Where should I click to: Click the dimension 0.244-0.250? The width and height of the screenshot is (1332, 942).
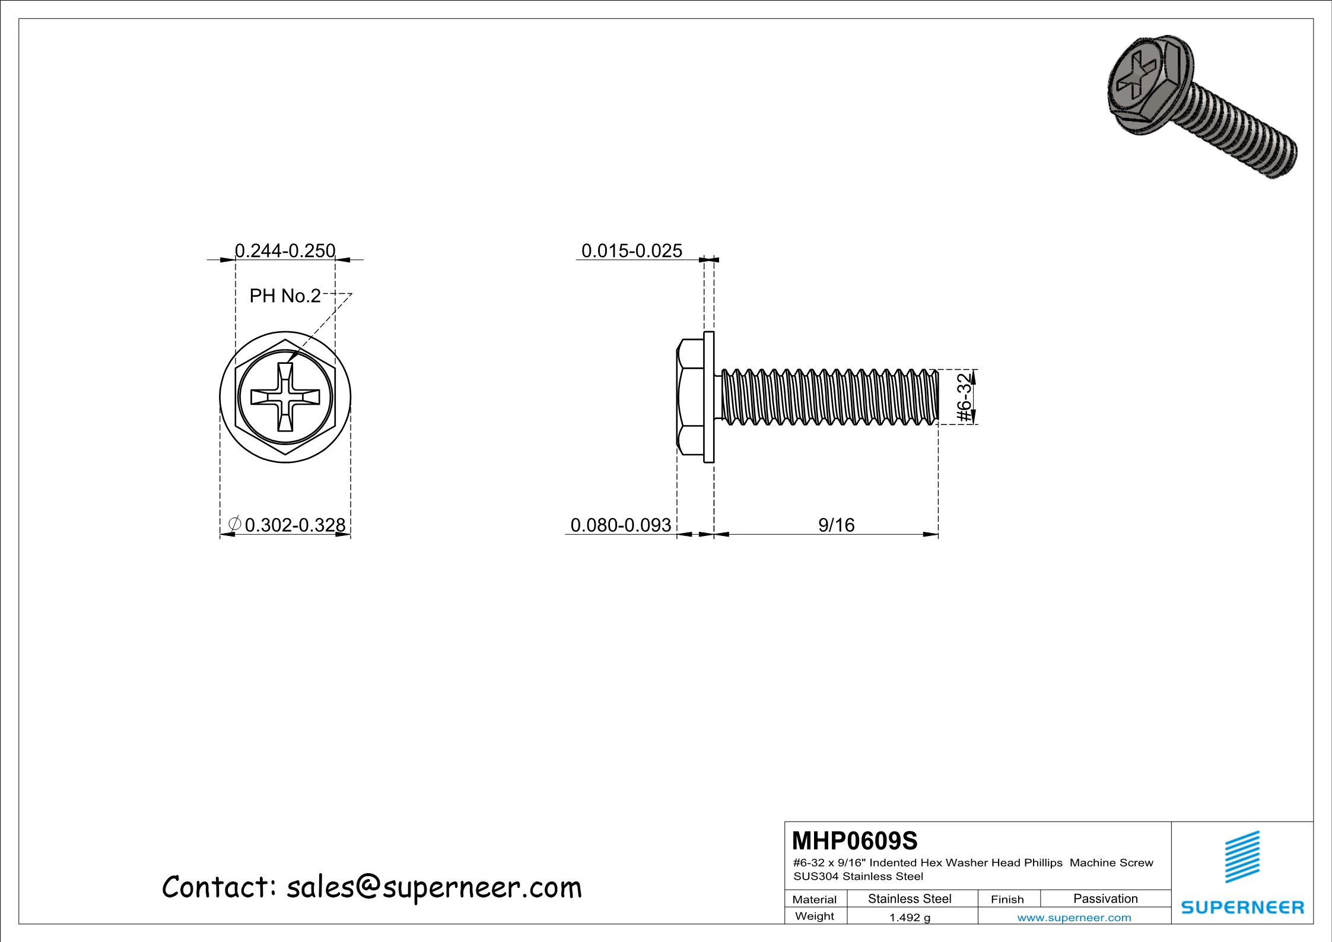[285, 251]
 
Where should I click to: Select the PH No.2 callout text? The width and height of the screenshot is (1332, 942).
[285, 296]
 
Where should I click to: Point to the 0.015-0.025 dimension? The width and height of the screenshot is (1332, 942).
[631, 251]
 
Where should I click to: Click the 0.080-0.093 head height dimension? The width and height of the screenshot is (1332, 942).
[621, 525]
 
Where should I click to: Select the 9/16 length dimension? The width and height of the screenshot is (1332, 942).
[836, 525]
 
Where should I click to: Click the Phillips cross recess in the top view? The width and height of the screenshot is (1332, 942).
[285, 397]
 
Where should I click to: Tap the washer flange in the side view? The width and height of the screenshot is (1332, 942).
[709, 397]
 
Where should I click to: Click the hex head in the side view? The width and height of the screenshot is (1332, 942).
[690, 397]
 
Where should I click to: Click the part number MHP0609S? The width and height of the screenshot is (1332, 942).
[854, 841]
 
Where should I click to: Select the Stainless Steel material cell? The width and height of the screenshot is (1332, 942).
[910, 899]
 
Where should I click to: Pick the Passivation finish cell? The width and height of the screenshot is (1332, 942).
[1105, 899]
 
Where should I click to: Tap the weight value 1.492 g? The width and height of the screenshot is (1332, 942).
[910, 918]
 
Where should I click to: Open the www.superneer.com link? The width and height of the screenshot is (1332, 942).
[1074, 918]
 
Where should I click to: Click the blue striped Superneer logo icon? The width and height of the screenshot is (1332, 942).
[1242, 857]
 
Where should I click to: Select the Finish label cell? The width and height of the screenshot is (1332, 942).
[1007, 899]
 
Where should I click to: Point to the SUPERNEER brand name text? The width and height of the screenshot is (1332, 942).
[1242, 907]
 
